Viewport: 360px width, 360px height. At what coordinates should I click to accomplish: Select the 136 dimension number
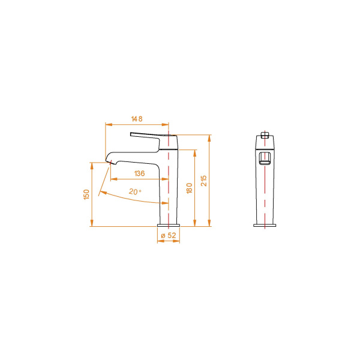[139, 173]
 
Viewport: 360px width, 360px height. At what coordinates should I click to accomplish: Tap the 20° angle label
[135, 192]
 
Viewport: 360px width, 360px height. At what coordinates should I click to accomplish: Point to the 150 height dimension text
[87, 194]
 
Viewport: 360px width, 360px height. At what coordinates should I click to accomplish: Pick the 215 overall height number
[204, 181]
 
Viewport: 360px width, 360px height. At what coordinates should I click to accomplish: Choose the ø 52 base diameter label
[169, 236]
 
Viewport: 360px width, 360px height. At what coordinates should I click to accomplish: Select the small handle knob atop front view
[265, 134]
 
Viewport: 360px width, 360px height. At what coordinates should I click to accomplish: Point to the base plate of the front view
[265, 226]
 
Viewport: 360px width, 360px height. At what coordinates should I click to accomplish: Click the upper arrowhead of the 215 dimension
[209, 137]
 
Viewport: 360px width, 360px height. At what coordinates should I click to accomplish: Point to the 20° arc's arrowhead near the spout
[101, 193]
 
